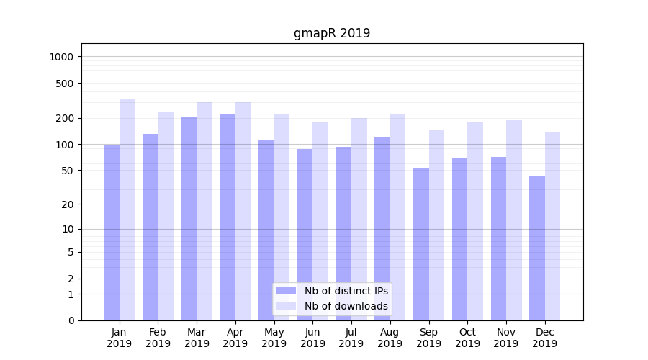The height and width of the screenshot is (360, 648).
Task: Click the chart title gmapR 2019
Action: coord(332,33)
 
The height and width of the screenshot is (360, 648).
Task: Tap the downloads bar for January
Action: coord(127,210)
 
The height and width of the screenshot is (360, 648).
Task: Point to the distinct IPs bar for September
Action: coord(421,244)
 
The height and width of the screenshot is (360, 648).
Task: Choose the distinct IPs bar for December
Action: coord(537,248)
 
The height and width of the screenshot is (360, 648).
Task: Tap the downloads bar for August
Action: coord(397,217)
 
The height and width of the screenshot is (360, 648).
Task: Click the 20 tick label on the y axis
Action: coord(68,204)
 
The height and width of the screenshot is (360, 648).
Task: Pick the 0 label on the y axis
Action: coord(71,320)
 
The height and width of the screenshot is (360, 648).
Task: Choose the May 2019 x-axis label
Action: coord(274,338)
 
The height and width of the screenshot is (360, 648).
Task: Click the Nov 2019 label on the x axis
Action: coord(506,338)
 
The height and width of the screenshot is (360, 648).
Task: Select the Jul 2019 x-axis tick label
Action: coord(351,338)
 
